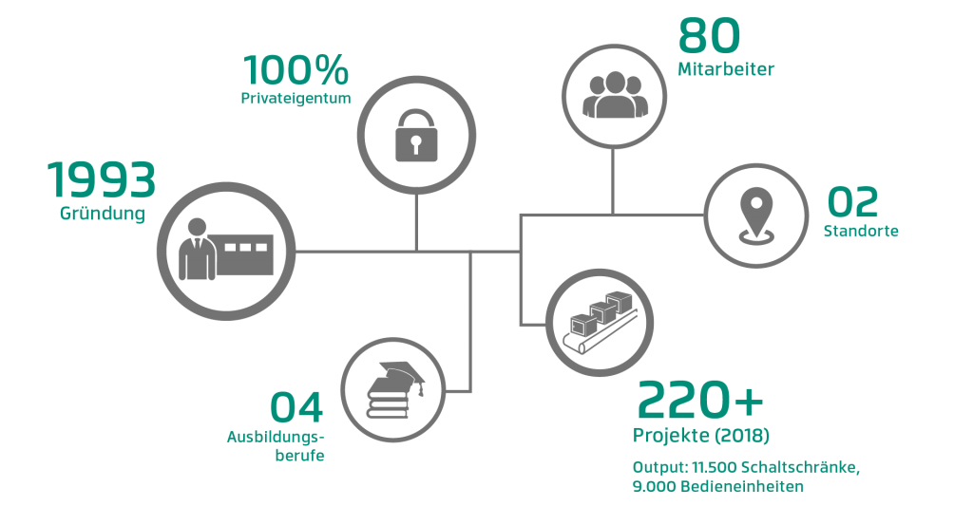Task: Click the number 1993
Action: point(101,181)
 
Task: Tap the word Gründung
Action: point(102,214)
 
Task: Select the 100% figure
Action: point(296,72)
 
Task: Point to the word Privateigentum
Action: point(296,98)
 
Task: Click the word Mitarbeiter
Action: point(727,69)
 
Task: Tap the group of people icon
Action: point(613,92)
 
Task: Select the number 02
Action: point(852,202)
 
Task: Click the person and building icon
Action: point(226,250)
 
